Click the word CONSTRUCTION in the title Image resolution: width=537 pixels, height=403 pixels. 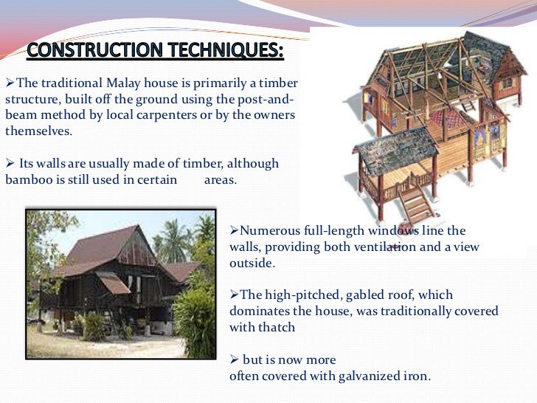tap(95, 49)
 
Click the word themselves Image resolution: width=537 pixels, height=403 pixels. tap(38, 131)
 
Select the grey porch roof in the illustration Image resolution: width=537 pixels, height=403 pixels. tap(395, 150)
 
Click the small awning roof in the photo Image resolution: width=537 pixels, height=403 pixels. tap(113, 283)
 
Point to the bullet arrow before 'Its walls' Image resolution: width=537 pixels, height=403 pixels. tap(10, 163)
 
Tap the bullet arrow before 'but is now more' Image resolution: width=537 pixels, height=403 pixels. tap(235, 359)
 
